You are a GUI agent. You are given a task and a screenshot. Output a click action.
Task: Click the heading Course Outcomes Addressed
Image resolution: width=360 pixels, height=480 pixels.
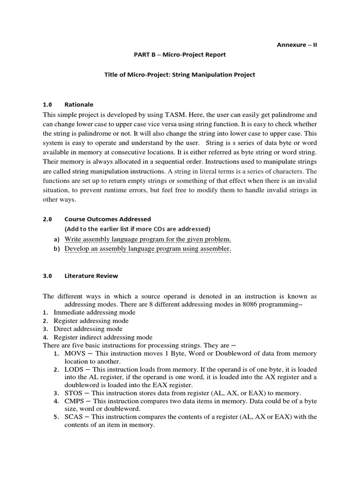107,219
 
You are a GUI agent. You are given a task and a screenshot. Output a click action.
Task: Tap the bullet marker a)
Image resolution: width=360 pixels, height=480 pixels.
56,239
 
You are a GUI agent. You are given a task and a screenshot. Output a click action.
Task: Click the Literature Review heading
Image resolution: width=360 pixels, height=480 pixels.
91,276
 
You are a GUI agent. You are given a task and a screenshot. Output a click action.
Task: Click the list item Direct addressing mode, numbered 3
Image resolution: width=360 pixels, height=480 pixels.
88,329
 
